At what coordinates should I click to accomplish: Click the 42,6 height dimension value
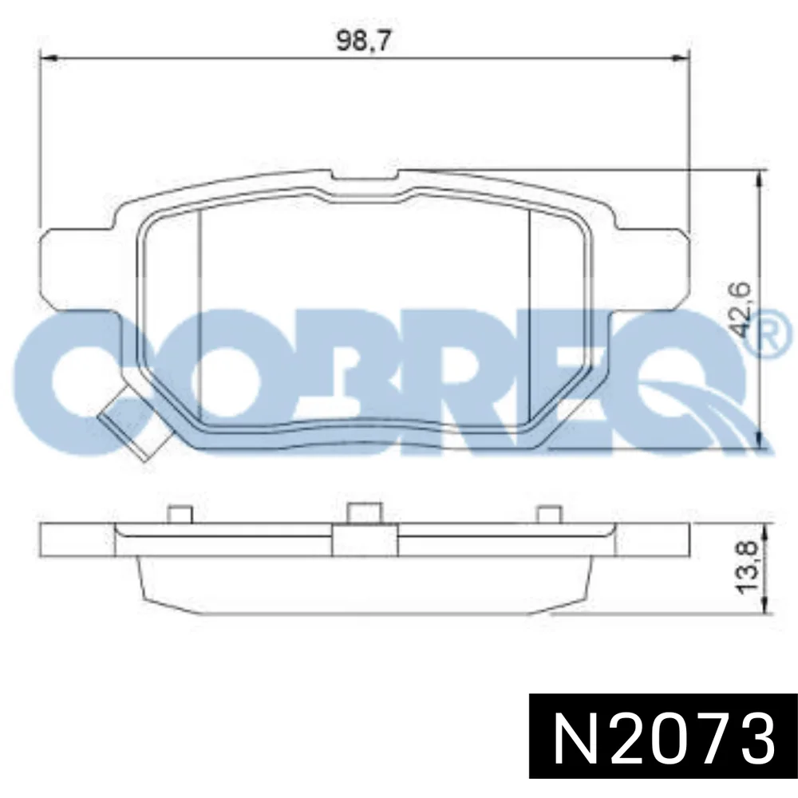click(740, 310)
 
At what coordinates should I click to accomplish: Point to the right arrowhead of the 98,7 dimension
click(681, 58)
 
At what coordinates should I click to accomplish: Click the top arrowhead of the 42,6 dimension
click(760, 179)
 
